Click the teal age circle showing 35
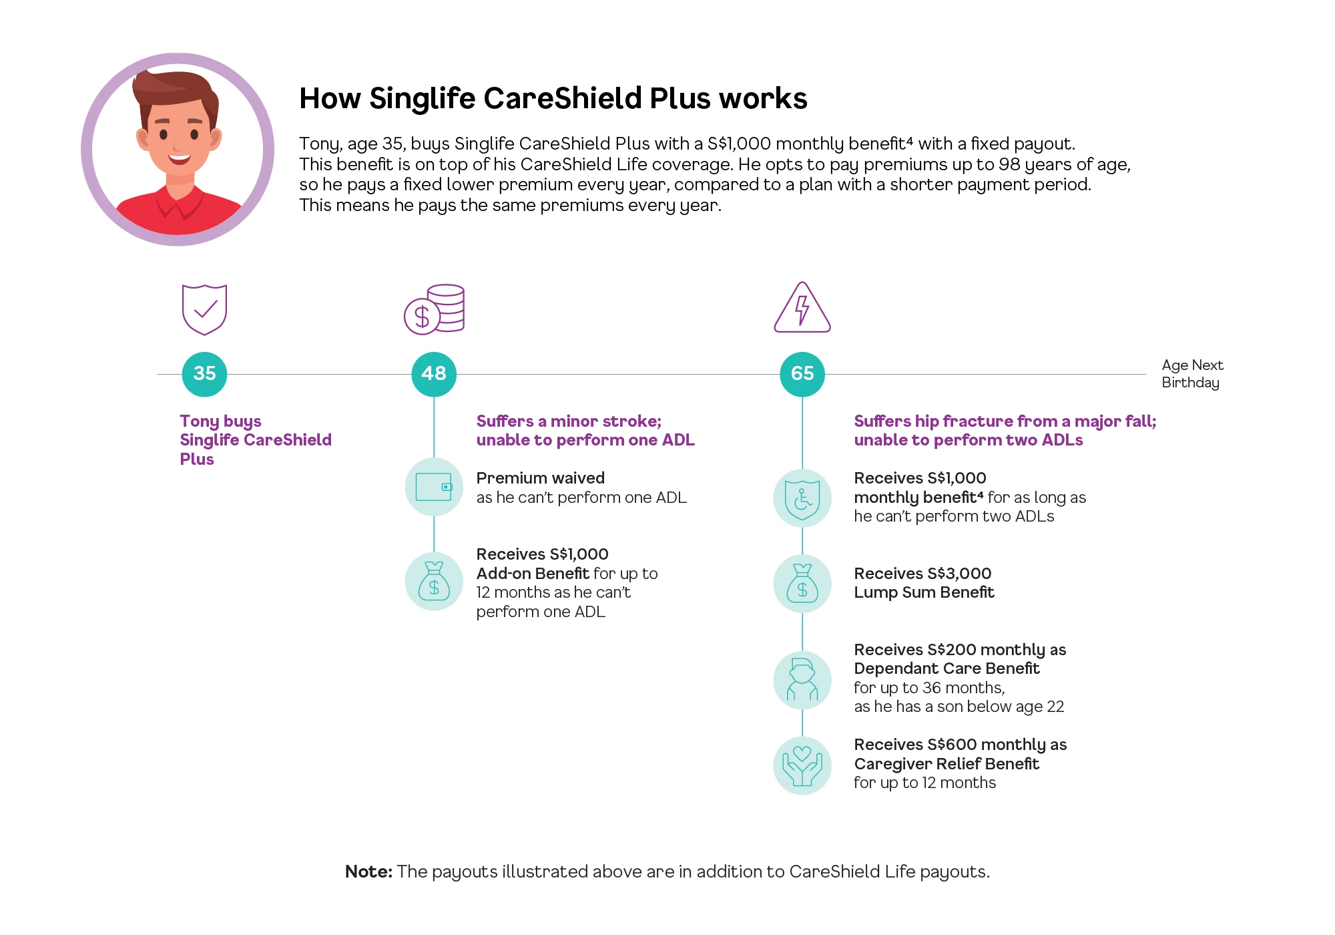(x=204, y=374)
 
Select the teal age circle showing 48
(x=434, y=374)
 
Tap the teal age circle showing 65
(x=802, y=374)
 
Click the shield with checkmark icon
(x=204, y=309)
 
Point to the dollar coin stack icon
(x=435, y=309)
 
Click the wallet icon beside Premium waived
(x=434, y=487)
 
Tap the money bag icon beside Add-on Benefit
(x=434, y=581)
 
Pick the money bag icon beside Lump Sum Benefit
(x=802, y=584)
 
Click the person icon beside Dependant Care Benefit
(x=802, y=680)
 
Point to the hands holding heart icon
(x=802, y=765)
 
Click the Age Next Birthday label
(x=1192, y=374)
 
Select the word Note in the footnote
(x=368, y=872)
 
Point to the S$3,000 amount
(x=959, y=574)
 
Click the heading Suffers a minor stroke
(x=569, y=421)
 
